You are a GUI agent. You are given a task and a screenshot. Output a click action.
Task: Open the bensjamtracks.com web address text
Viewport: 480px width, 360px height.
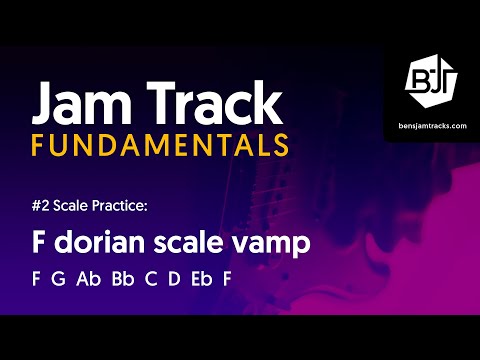click(x=431, y=124)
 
